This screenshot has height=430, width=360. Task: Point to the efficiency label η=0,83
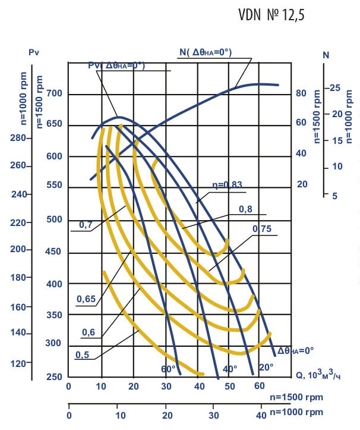coord(228,185)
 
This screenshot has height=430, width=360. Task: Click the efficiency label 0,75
coord(262,229)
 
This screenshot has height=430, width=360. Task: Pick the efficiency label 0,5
coord(83,355)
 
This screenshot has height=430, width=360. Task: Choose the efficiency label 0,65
coord(86,300)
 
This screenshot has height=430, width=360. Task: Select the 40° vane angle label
coord(230,369)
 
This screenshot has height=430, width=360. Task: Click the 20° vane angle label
coord(266,367)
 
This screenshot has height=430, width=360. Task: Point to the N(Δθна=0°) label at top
coord(206,52)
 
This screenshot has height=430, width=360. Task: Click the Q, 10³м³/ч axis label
coord(318,375)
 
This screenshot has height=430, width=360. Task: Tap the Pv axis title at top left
coord(33,53)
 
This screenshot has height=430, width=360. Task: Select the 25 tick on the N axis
coord(335,88)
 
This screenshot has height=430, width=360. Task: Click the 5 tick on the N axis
coord(335,196)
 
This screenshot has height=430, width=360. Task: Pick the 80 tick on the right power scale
coord(302,93)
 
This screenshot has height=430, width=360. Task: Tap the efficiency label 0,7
coord(86,225)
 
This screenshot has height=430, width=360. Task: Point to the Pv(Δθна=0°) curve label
coord(116,65)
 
